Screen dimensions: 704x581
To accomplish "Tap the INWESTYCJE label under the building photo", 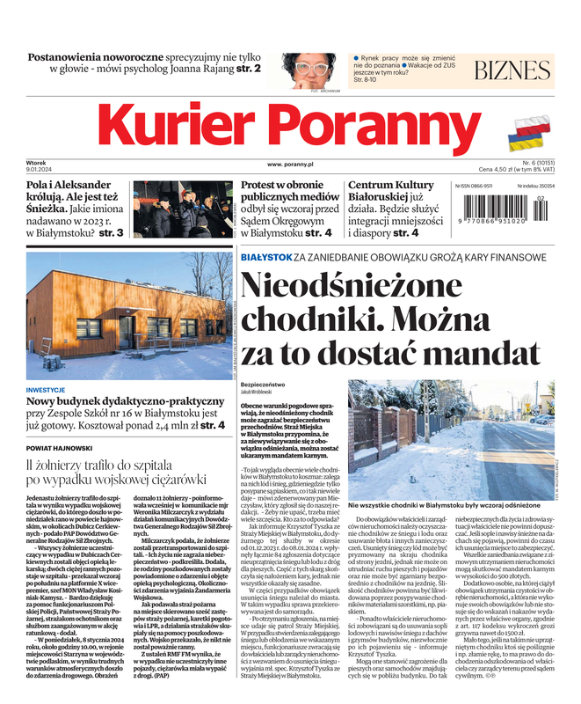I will click(46, 389).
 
